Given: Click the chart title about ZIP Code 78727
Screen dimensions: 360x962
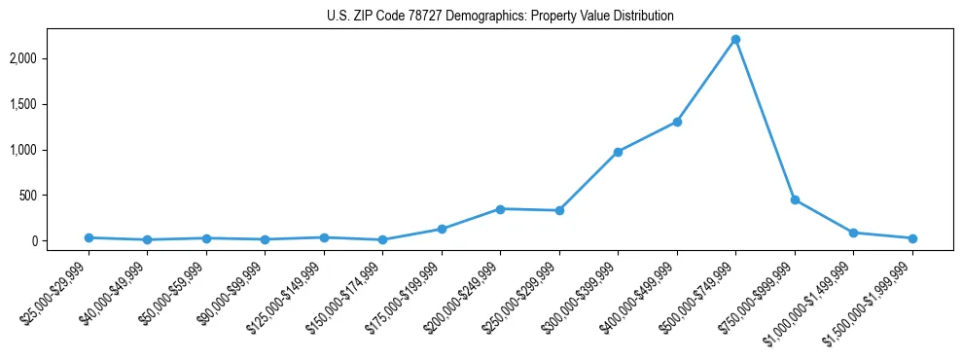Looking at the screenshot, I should point(499,17).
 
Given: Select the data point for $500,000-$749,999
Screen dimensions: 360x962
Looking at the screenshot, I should point(735,40).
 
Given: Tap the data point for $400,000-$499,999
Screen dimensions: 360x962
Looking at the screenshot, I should point(677,122).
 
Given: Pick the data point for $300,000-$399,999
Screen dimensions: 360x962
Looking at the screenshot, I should point(618,152).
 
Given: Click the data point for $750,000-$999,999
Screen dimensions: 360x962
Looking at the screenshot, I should point(795,200).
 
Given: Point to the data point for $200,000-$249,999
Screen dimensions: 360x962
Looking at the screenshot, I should point(500,209).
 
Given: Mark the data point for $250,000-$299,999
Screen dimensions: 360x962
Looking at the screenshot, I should point(559,211).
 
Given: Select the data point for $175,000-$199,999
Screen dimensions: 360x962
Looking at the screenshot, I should point(442,230).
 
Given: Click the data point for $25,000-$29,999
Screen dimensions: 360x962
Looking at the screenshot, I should point(89,237).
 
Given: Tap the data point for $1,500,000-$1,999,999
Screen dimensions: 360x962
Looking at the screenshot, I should point(912,238).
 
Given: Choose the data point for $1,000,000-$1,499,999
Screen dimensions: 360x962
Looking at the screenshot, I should point(853,233).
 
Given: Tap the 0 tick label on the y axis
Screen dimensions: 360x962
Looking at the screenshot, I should point(59,241).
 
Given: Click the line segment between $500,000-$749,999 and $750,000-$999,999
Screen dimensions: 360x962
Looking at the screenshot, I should point(766,121).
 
